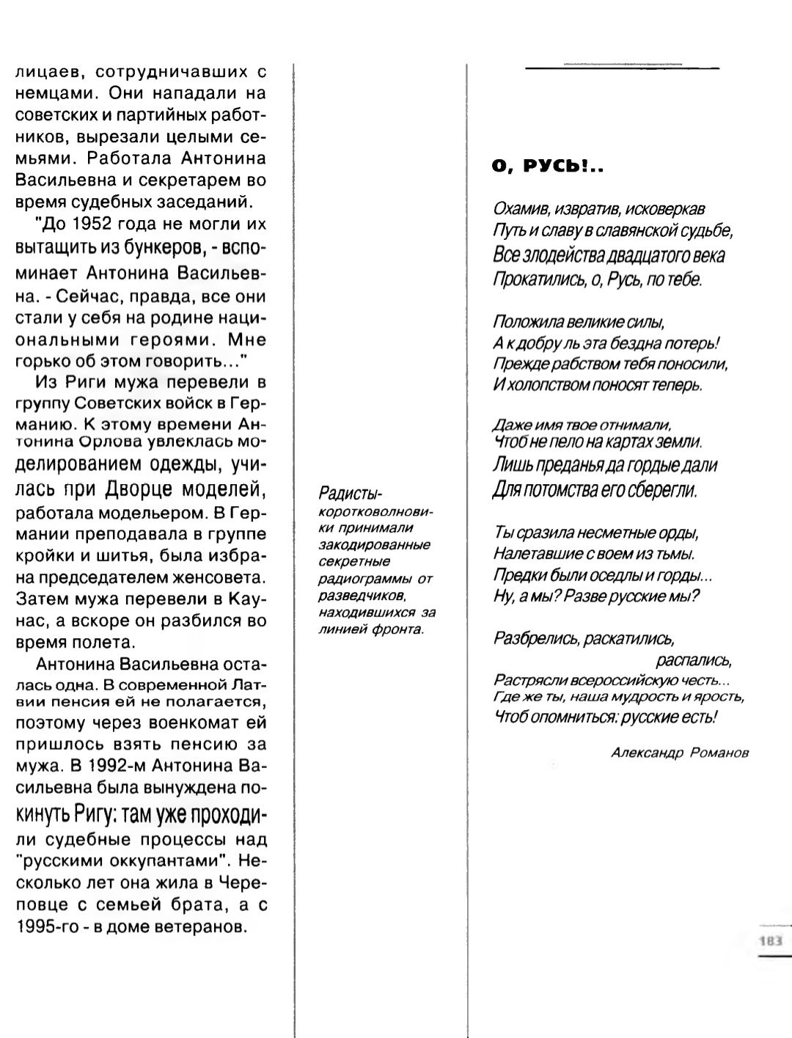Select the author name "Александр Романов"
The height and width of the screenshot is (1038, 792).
680,753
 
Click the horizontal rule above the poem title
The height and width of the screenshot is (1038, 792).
622,67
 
